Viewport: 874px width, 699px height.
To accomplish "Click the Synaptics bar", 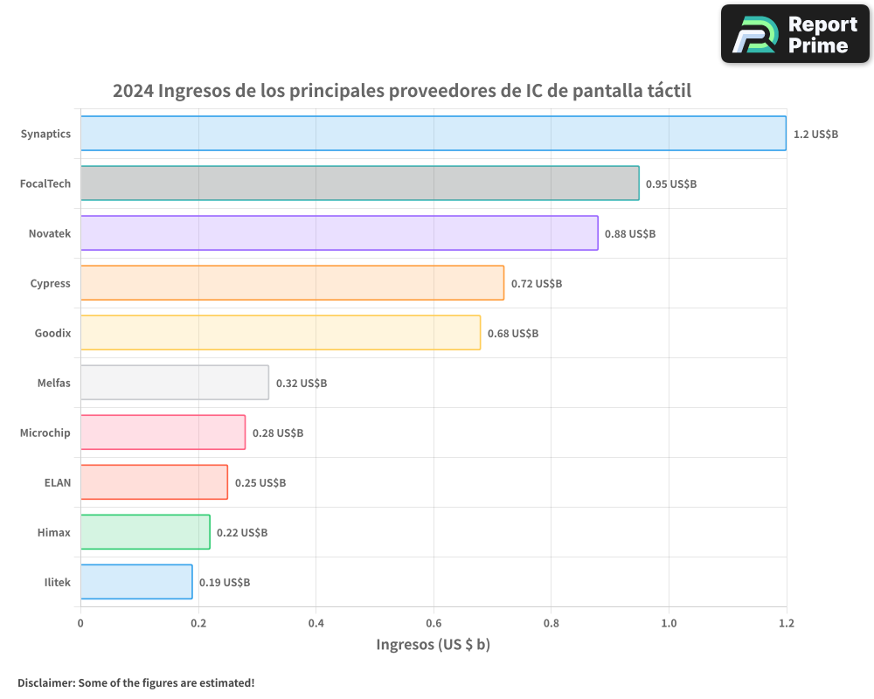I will click(433, 134).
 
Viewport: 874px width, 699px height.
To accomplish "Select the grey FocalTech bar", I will click(359, 183).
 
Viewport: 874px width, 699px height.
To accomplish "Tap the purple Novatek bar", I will click(339, 233).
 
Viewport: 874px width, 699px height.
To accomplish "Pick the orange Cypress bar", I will click(292, 283).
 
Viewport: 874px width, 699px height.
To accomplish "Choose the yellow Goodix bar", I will click(280, 333).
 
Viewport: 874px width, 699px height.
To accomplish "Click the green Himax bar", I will click(145, 532).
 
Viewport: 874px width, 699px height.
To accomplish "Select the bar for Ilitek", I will click(136, 582).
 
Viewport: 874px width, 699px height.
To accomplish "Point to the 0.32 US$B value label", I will click(302, 384).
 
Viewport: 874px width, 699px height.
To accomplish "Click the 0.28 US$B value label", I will click(278, 433).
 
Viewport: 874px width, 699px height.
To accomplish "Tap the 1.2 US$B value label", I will click(815, 135).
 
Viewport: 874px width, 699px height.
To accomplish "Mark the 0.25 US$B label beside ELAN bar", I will click(260, 483).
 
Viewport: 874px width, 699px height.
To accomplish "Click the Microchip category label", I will click(45, 433).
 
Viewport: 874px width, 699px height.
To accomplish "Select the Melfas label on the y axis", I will click(52, 384).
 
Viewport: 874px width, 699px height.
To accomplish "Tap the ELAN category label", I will click(57, 483).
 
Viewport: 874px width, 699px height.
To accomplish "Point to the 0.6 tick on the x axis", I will click(434, 623).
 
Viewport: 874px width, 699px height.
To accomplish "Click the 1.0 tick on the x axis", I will click(669, 623).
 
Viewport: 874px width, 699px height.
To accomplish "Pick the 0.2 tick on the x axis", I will click(198, 623).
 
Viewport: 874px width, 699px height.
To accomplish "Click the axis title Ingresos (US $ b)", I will click(433, 645).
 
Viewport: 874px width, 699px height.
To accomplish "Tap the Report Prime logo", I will click(795, 34).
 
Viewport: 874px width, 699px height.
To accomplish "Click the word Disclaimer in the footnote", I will click(45, 682).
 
